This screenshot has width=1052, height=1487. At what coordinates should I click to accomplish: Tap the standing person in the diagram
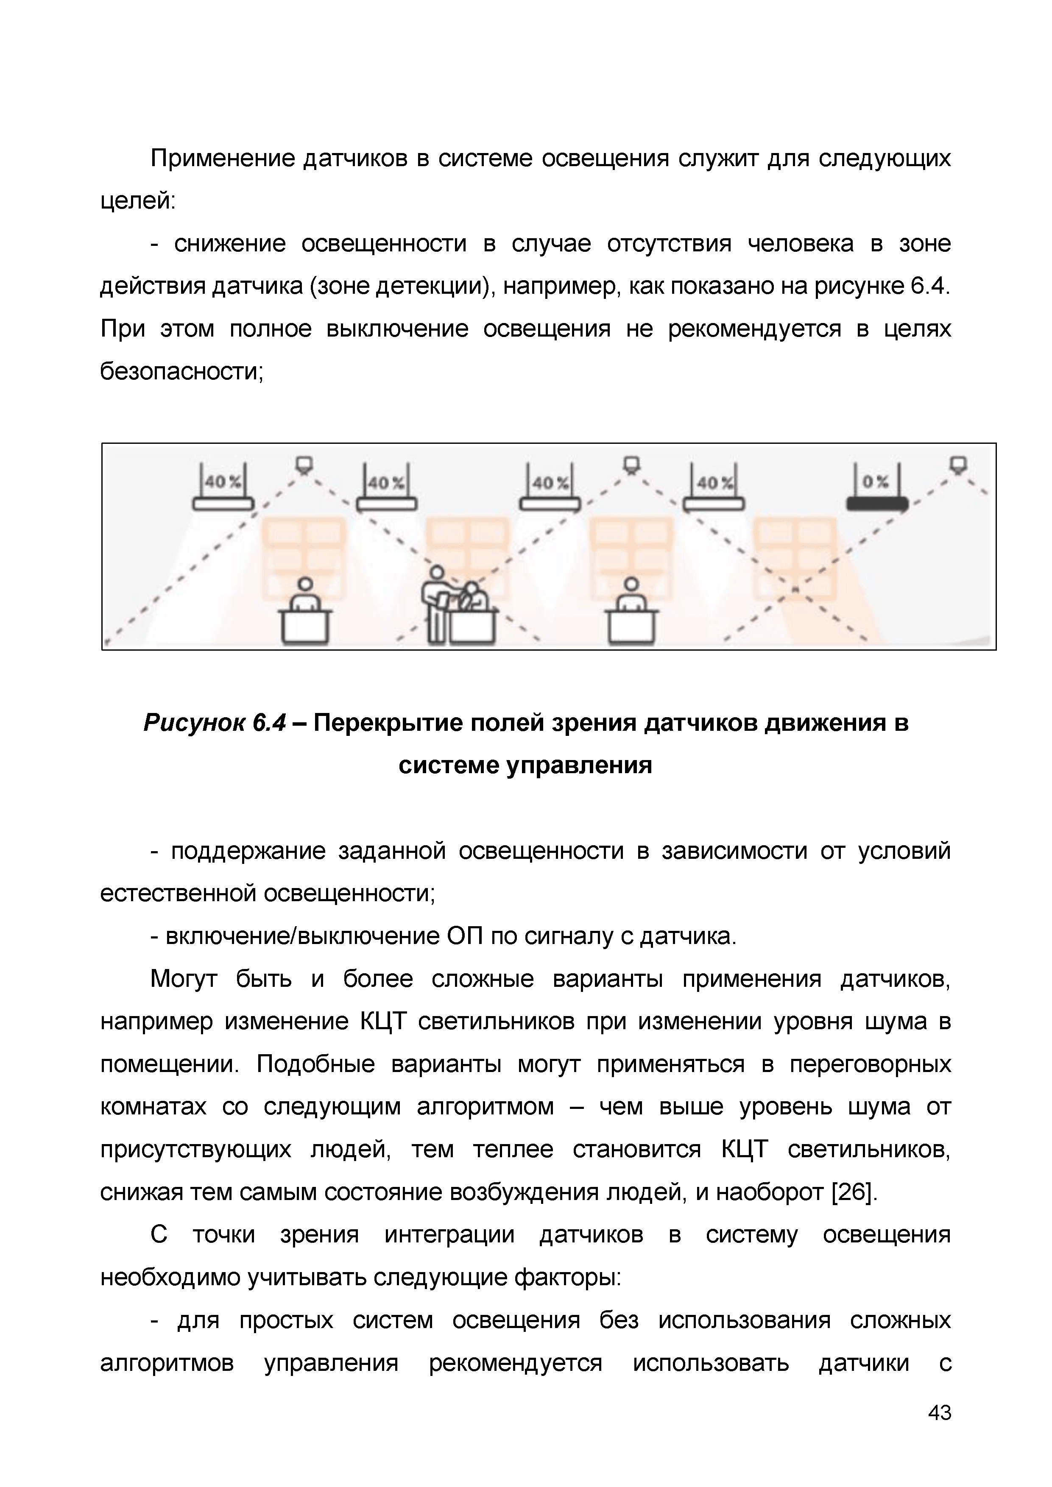click(437, 606)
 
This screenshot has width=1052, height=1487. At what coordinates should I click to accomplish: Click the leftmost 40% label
click(223, 482)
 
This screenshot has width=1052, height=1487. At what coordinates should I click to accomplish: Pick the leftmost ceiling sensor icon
click(304, 464)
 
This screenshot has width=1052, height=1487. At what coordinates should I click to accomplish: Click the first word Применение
click(223, 159)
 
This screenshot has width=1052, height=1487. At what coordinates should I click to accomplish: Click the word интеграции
click(449, 1235)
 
